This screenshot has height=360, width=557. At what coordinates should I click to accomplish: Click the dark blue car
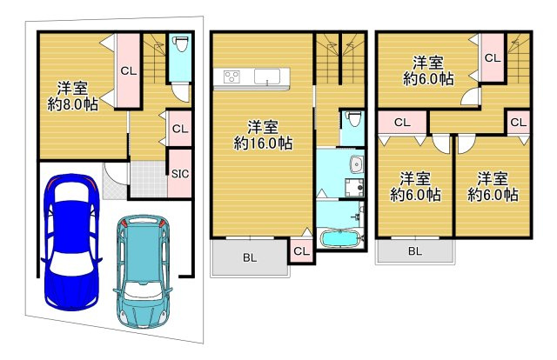point(71,242)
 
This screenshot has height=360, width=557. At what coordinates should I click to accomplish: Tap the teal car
point(143,271)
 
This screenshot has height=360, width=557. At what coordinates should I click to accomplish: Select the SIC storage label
point(180,174)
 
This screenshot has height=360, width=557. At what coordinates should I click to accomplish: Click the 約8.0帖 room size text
point(73,104)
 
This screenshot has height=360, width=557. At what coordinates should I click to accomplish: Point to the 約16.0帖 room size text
point(263,143)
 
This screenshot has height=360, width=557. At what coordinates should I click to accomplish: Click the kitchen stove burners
point(232,77)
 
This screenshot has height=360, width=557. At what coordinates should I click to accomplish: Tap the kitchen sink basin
point(267,77)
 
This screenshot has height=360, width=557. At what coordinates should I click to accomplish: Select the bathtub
point(339,238)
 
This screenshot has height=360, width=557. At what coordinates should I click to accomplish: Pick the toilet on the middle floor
point(352,119)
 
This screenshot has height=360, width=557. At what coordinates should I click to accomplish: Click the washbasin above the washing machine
point(355,164)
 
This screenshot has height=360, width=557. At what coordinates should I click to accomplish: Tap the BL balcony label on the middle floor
point(250,258)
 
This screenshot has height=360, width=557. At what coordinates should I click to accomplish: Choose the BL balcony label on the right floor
point(415,251)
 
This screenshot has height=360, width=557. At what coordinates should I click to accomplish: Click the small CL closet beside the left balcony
point(302,251)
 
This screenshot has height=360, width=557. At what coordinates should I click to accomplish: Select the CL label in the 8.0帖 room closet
point(129,71)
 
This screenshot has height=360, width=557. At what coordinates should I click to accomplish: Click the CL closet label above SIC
point(180,129)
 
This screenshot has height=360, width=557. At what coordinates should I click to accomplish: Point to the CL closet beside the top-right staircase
point(493,58)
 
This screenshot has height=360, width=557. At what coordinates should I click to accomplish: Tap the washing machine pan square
point(354,187)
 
